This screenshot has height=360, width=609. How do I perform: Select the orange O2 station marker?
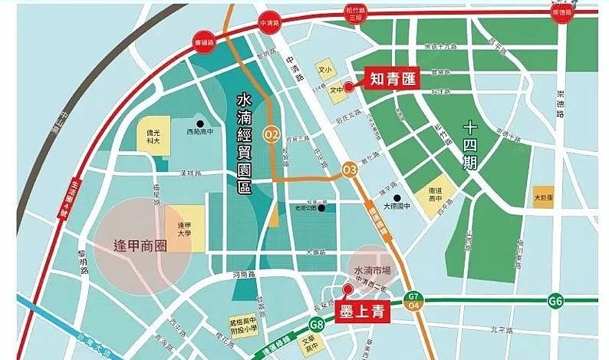[271, 134]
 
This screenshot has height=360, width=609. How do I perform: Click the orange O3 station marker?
[350, 169]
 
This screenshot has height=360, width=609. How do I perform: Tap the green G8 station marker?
[318, 325]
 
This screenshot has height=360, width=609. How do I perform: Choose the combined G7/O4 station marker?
[413, 302]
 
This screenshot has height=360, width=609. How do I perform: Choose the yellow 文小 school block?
[326, 69]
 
